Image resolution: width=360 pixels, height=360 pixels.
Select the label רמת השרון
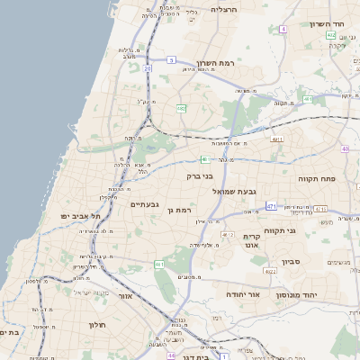point(213,64)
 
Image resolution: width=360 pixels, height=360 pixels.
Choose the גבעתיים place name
point(145,204)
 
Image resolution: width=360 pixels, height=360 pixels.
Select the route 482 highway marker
point(182,108)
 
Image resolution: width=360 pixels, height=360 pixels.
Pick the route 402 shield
point(331,35)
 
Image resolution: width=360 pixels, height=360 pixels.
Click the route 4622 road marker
point(271,270)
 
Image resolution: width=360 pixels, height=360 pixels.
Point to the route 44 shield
point(171,356)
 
